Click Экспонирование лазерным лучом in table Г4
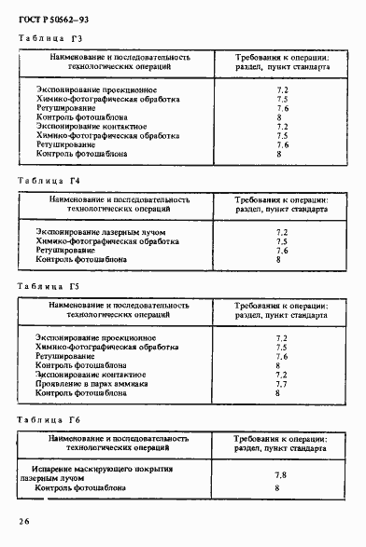[89, 231]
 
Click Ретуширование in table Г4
[65, 250]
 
